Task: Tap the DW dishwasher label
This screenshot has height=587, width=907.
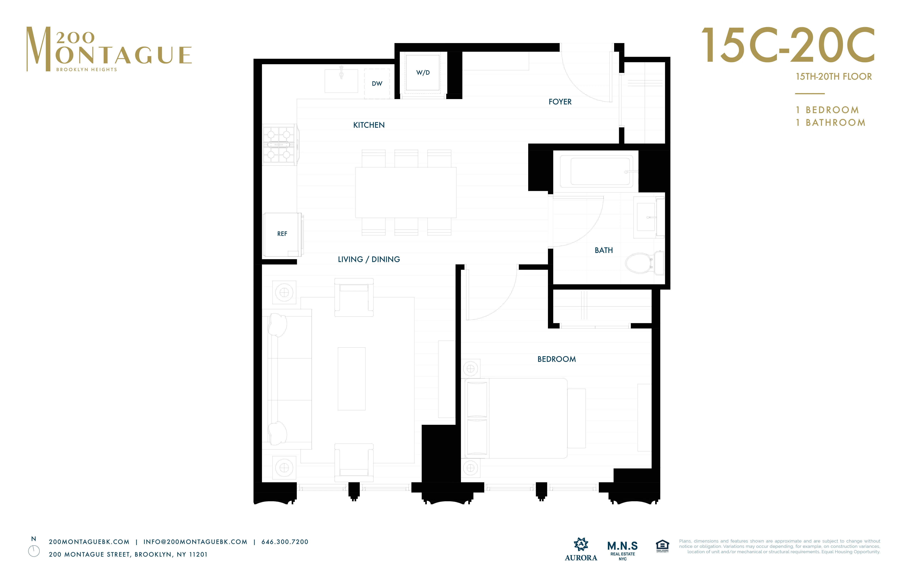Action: coord(377,83)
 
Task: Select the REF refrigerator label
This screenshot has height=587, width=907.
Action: coord(282,234)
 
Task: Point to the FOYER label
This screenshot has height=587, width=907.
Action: coord(560,102)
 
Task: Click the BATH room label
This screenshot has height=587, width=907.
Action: coord(604,250)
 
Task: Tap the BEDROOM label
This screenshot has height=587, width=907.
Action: coord(556,359)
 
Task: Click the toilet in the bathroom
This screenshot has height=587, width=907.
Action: coord(643,263)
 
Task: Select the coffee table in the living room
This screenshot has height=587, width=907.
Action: coord(351,379)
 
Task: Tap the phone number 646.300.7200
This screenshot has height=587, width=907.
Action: coord(285,542)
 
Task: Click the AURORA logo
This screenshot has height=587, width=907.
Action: coord(581,549)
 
